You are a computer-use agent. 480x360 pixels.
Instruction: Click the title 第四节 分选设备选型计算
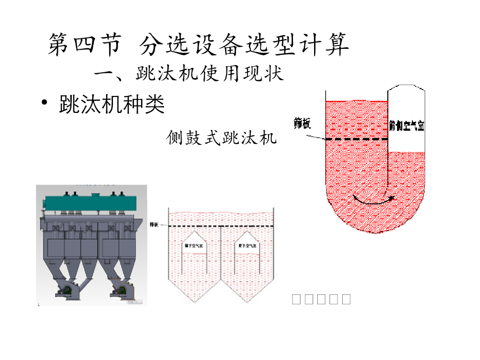[x=199, y=45]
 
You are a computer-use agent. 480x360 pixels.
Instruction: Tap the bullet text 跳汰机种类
[x=112, y=105]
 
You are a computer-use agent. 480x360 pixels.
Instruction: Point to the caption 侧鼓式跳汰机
[x=222, y=138]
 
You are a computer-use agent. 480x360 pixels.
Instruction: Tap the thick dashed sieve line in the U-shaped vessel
[x=356, y=139]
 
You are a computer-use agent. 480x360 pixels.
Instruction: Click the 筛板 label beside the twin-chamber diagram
[x=153, y=225]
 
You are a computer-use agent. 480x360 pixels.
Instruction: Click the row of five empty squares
[x=321, y=299]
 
